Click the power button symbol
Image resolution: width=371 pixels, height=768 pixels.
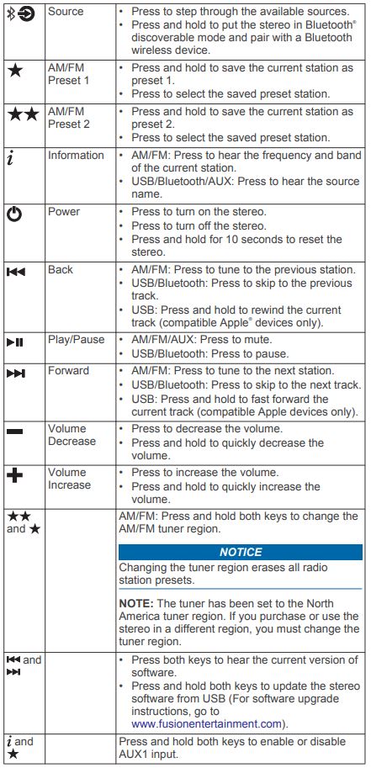(x=15, y=214)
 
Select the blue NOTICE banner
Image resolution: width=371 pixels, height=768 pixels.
(x=240, y=552)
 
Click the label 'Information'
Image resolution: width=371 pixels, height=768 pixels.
(x=76, y=155)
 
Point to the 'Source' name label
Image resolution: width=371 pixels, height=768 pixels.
(x=66, y=10)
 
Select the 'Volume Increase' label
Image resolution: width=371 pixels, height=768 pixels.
(x=69, y=479)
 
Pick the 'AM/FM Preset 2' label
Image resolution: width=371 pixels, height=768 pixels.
(x=68, y=118)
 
